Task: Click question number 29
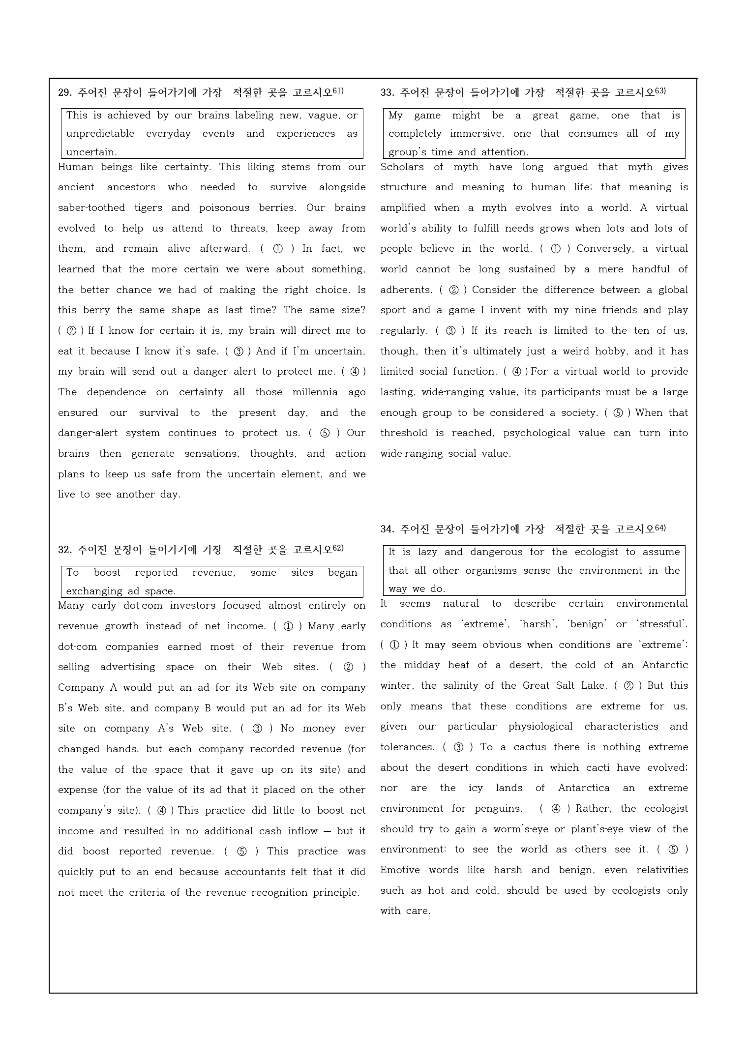pos(65,92)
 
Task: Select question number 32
pos(65,550)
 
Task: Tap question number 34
pos(388,529)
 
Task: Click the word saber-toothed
pos(91,207)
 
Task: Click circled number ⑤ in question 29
pos(325,433)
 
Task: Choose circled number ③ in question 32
pos(257,729)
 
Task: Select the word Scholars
pos(402,167)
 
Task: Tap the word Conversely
pos(604,249)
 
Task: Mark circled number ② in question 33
pos(453,290)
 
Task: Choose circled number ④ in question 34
pos(556,809)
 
